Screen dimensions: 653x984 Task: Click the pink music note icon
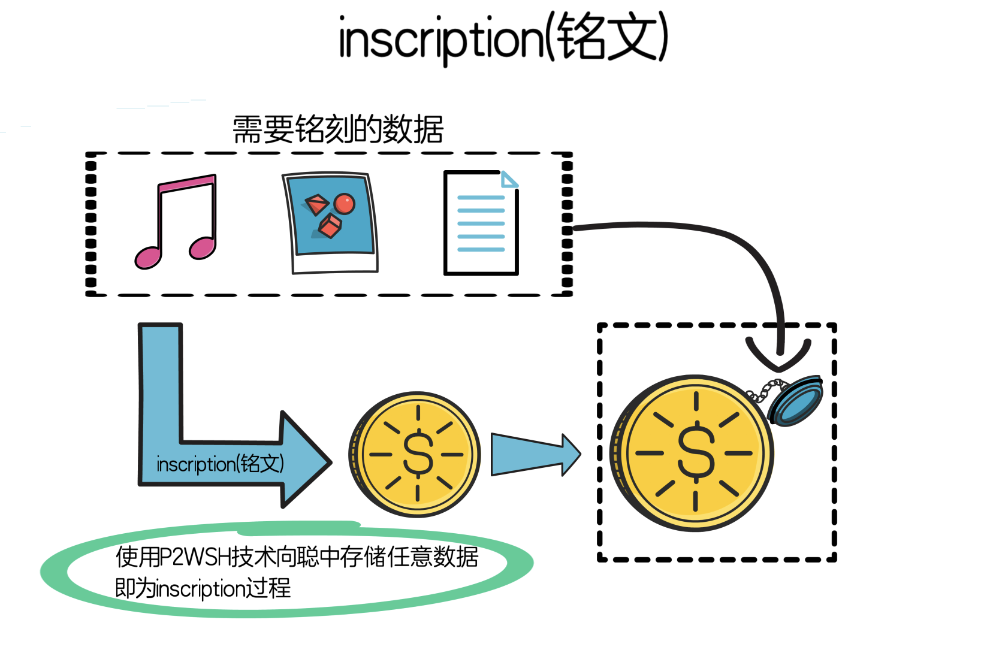pyautogui.click(x=175, y=223)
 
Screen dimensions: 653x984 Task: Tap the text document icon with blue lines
pyautogui.click(x=481, y=223)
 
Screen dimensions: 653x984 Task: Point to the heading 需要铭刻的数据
pyautogui.click(x=338, y=129)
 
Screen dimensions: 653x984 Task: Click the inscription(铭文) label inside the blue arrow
pyautogui.click(x=220, y=464)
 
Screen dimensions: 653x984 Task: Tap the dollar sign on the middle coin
pyautogui.click(x=418, y=454)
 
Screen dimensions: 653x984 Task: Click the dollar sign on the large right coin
pyautogui.click(x=696, y=452)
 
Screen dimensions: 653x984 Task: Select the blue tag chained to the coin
pyautogui.click(x=796, y=400)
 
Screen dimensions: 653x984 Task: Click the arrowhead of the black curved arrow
pyautogui.click(x=778, y=357)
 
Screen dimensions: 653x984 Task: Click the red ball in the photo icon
pyautogui.click(x=345, y=204)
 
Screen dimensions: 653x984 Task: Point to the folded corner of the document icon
pyautogui.click(x=509, y=179)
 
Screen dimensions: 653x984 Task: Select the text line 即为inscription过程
pyautogui.click(x=203, y=588)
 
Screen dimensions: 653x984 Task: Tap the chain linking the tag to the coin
pyautogui.click(x=762, y=391)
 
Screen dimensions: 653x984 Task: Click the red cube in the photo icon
pyautogui.click(x=329, y=226)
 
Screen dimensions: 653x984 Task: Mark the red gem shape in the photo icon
pyautogui.click(x=317, y=204)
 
